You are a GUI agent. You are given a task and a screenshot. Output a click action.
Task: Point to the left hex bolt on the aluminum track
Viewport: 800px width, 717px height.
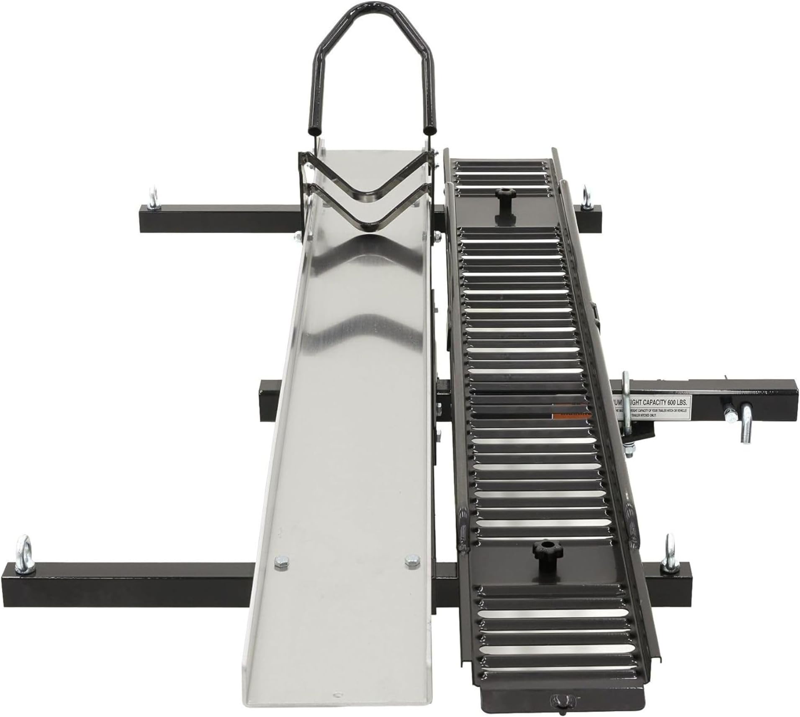point(279,561)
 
